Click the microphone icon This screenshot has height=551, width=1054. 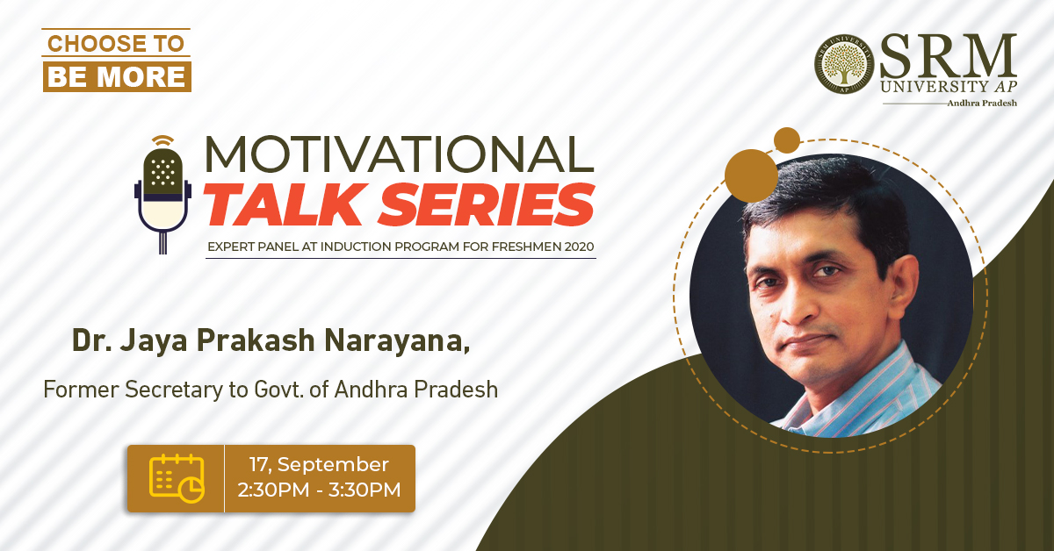[162, 195]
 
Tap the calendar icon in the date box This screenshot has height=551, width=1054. [177, 478]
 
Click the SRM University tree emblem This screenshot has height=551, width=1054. [844, 64]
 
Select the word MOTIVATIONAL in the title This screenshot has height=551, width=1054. [399, 154]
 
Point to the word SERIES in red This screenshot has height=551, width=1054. [487, 204]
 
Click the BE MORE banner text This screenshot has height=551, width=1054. [117, 76]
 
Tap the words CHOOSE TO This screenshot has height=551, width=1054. [116, 44]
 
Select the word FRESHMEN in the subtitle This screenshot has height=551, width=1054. [520, 247]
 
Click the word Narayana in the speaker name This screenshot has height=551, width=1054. [397, 340]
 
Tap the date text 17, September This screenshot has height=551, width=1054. [319, 465]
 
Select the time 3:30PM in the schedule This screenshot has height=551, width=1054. [365, 490]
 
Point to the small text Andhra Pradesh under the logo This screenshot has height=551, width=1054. [982, 103]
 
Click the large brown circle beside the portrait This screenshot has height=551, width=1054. [751, 175]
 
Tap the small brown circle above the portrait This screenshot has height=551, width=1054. [787, 140]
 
